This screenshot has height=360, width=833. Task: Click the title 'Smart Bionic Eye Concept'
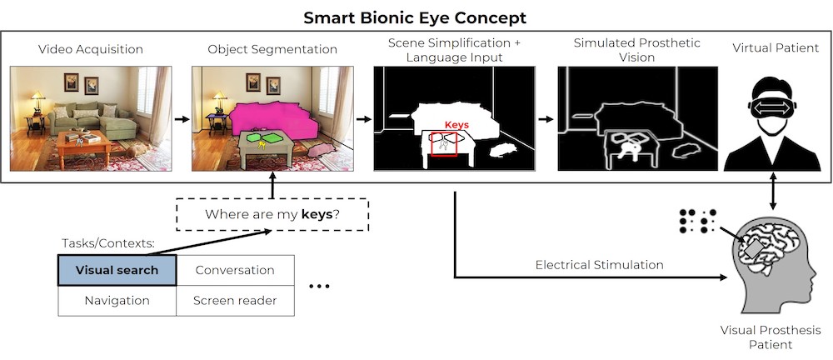pos(415,17)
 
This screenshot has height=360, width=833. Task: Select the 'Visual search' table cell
pos(117,270)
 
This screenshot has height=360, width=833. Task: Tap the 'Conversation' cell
pos(235,270)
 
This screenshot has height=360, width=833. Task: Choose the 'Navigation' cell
pos(117,301)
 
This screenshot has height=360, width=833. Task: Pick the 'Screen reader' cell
pos(235,301)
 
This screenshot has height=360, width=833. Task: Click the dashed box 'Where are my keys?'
pos(272,215)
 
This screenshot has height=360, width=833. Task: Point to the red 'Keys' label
pos(456,125)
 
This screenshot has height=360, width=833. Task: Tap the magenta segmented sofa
pos(273,121)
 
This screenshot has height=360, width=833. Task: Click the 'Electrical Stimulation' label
pos(599,265)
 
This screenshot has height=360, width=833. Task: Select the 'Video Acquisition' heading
pos(91,49)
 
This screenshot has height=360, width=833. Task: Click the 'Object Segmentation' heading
pos(272,49)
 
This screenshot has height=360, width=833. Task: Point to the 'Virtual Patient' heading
pos(776,47)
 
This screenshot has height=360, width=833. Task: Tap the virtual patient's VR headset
pos(775,108)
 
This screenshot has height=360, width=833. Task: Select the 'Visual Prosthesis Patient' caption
pos(771,337)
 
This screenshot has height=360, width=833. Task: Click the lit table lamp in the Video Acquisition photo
pos(37,102)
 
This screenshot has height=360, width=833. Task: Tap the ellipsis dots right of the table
pos(319,286)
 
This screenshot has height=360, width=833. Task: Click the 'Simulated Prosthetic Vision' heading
pos(637,49)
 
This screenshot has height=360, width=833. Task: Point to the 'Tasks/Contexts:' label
pos(107,243)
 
